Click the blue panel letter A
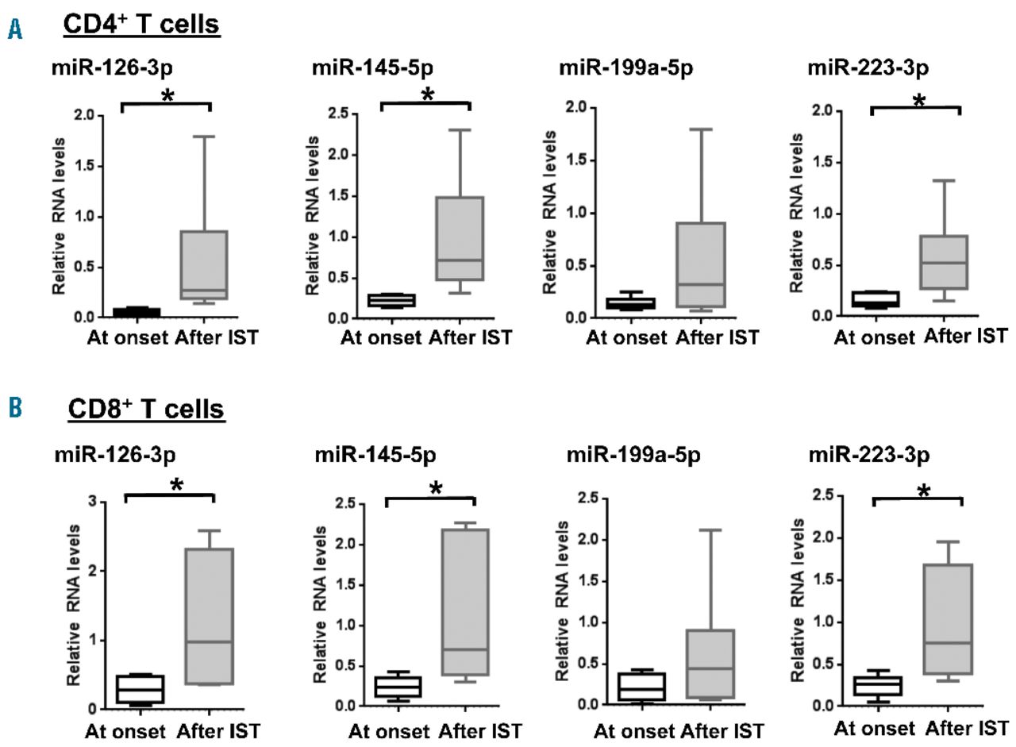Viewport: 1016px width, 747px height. (x=14, y=29)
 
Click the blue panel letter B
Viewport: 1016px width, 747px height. (x=14, y=409)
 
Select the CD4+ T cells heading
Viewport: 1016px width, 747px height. (x=142, y=25)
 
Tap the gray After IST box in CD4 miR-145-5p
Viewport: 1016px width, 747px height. (x=460, y=238)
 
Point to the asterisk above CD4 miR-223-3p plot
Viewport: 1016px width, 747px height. (x=918, y=101)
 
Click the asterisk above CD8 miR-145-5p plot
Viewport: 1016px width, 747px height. (x=436, y=488)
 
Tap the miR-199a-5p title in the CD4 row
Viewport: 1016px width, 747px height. (x=625, y=67)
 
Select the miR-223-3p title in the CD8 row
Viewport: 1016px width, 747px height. (x=869, y=456)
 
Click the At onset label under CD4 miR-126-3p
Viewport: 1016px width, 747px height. (x=127, y=337)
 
